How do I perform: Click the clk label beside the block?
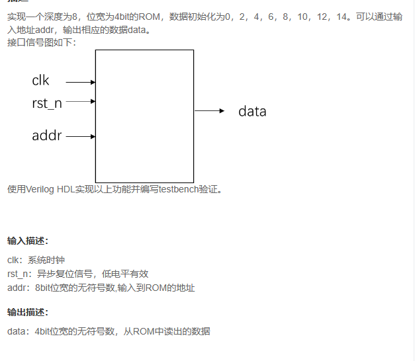(x=40, y=81)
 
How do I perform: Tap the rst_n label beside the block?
(x=46, y=103)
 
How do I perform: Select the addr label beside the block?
(x=46, y=136)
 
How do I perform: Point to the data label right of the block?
(x=252, y=111)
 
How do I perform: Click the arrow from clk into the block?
(x=81, y=83)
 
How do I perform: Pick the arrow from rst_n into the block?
(x=81, y=102)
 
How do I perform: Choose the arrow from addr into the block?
(x=81, y=137)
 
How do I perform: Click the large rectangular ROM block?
(x=144, y=116)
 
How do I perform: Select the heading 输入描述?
(x=28, y=240)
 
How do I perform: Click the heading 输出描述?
(x=28, y=312)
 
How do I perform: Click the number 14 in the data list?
(x=340, y=16)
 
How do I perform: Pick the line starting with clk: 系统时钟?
(x=36, y=260)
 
